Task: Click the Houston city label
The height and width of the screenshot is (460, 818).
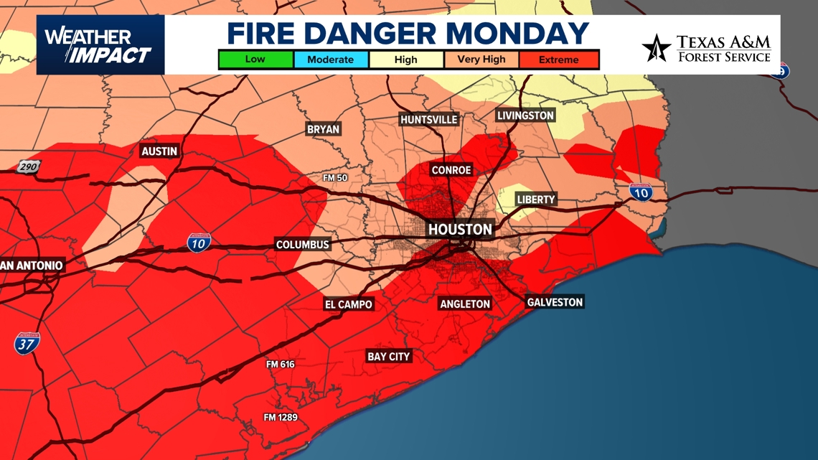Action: click(x=460, y=230)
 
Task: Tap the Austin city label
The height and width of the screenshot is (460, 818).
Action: click(x=159, y=151)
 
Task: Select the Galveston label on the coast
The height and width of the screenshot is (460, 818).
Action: click(x=555, y=302)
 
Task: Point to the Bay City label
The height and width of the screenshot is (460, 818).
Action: click(x=388, y=357)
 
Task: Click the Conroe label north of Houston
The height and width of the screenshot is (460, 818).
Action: click(x=451, y=170)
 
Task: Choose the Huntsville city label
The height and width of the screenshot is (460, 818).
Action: click(x=429, y=120)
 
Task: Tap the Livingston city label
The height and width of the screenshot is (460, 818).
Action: click(x=525, y=116)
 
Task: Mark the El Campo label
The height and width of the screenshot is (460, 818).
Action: click(x=349, y=304)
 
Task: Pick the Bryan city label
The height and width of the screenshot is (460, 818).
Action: click(x=323, y=129)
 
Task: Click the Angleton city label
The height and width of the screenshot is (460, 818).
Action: click(x=465, y=304)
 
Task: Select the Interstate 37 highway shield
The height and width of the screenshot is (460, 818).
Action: click(x=27, y=343)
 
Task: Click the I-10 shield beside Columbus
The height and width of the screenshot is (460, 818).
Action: click(x=199, y=243)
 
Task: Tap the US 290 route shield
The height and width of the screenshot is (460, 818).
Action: click(x=29, y=167)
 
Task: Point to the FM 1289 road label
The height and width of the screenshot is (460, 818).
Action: click(x=280, y=418)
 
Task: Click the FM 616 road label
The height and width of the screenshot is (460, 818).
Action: click(x=281, y=365)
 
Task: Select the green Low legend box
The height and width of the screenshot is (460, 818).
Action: click(x=255, y=60)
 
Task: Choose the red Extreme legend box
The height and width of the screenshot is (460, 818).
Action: click(x=559, y=60)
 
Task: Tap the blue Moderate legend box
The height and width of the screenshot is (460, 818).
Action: click(x=330, y=60)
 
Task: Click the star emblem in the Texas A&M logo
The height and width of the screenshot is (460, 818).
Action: click(x=656, y=48)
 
